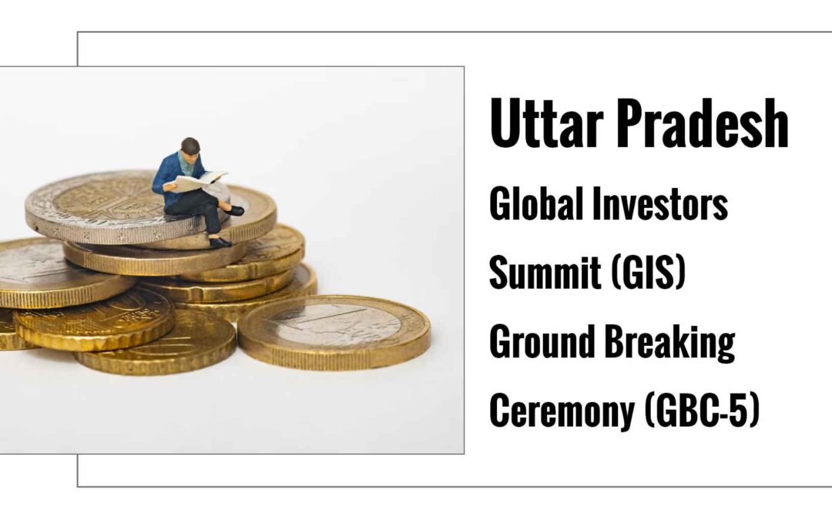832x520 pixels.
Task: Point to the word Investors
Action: (659, 203)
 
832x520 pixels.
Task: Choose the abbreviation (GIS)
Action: (648, 272)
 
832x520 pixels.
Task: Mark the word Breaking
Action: (670, 343)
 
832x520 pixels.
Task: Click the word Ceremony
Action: (562, 410)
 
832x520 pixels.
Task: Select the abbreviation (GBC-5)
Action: (703, 410)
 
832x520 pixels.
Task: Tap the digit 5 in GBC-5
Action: (737, 410)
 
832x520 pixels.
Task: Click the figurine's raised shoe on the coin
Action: (233, 210)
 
